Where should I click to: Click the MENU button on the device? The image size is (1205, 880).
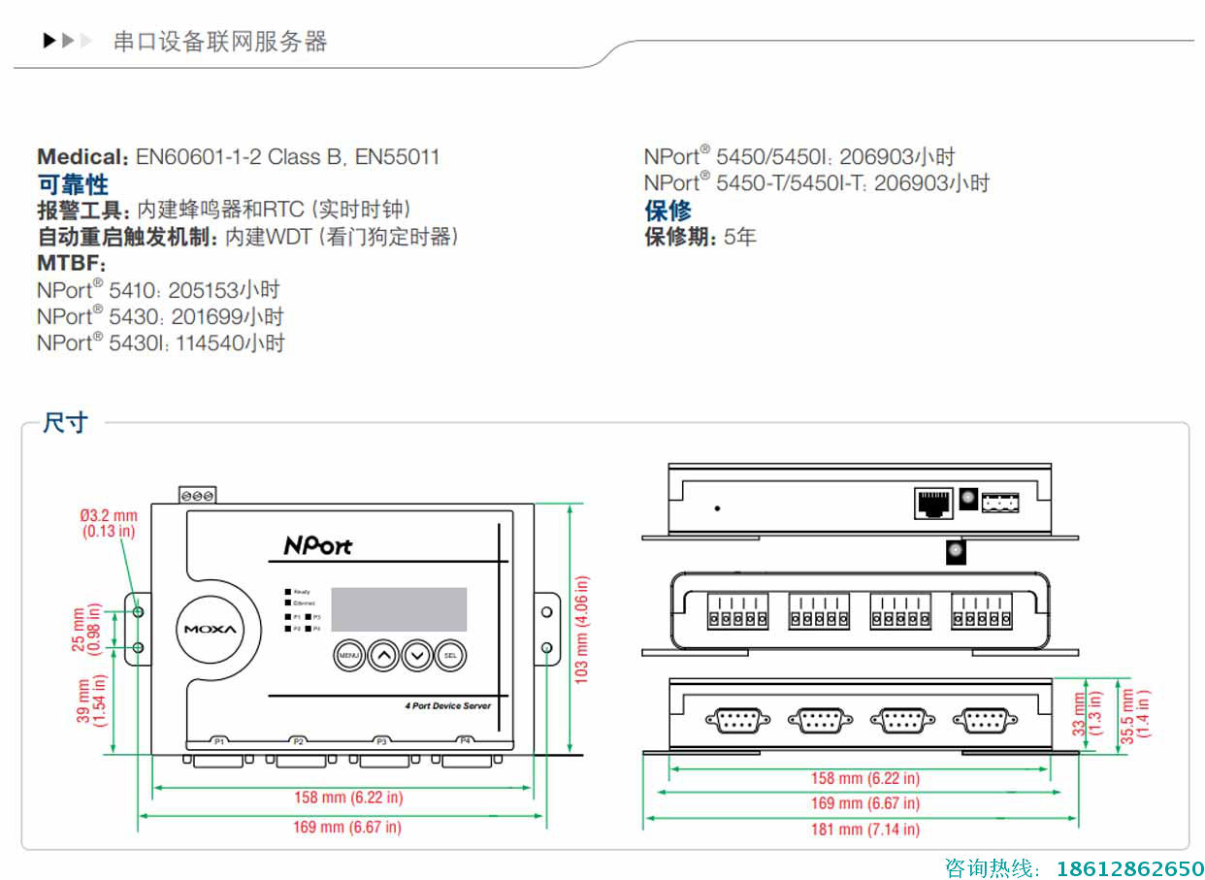coord(349,656)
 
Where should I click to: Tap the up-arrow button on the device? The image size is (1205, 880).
coord(384,656)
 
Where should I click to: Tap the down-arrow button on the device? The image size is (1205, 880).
coord(417,656)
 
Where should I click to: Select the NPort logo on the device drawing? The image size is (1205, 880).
coord(317,545)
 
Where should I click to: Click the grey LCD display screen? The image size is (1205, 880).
coord(399,609)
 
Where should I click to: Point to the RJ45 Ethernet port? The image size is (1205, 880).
coord(933,503)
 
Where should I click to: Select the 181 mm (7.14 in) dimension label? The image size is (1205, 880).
coord(863,830)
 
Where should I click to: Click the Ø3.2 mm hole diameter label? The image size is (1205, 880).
coord(109,523)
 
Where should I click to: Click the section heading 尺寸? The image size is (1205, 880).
coord(65,423)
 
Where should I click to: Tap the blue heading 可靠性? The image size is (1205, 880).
coord(73,184)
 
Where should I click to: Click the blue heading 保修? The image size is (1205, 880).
coord(668,211)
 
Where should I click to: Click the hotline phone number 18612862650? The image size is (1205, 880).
coord(1131,867)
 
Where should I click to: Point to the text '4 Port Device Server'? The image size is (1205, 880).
coord(447,705)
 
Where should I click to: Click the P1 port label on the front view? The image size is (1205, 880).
coord(220,741)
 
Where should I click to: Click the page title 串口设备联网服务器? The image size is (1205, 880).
coord(220,42)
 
